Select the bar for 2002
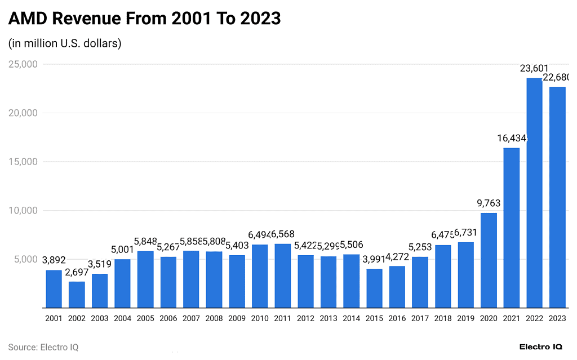[x=77, y=295]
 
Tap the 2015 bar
[x=374, y=288]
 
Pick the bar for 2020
[x=489, y=260]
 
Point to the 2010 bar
[x=260, y=276]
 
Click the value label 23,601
[x=534, y=69]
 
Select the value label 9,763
[x=489, y=203]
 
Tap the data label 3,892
[x=54, y=260]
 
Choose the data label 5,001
[x=122, y=250]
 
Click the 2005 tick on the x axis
[x=145, y=318]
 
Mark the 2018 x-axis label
[x=443, y=318]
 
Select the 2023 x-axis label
[x=557, y=318]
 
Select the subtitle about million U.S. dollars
[x=65, y=43]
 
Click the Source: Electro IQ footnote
[x=43, y=347]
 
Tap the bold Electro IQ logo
[x=540, y=347]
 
